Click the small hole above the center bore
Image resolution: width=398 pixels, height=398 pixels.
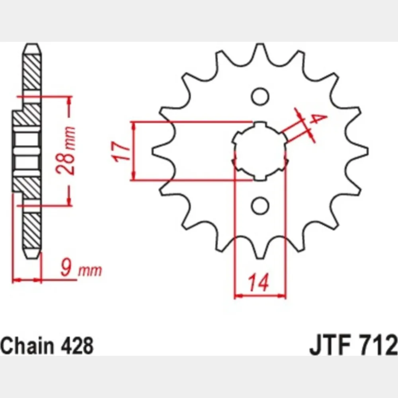[260, 96]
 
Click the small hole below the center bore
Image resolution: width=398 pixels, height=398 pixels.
[260, 205]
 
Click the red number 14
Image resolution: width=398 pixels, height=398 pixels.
[258, 282]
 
